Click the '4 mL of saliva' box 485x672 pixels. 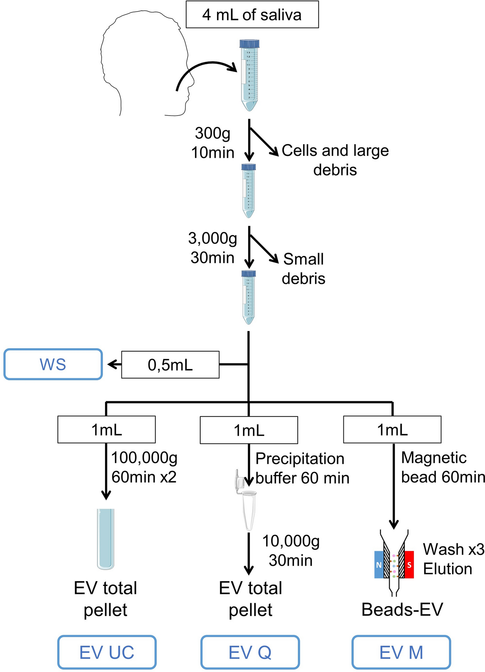(x=252, y=15)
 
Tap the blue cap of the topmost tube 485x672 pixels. (x=249, y=44)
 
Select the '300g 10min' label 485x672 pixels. (x=212, y=143)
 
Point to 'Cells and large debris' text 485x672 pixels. (x=335, y=160)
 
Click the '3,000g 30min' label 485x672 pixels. (x=212, y=248)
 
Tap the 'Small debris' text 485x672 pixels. (x=303, y=269)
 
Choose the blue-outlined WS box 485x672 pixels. (x=53, y=364)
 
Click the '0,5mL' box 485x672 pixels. (x=170, y=365)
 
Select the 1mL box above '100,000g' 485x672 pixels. (x=106, y=430)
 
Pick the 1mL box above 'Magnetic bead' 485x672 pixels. (x=392, y=430)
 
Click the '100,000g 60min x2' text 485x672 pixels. (x=144, y=467)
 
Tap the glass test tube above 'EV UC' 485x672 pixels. (x=106, y=538)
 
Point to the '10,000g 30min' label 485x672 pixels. (x=291, y=550)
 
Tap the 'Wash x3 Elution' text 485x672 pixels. (x=453, y=559)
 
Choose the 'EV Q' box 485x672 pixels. (x=250, y=652)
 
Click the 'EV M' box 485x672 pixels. (x=401, y=652)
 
